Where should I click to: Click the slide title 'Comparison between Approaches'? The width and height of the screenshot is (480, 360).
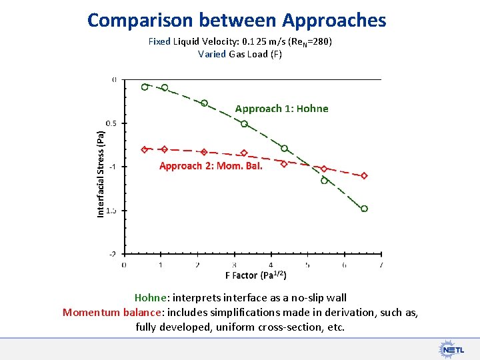(237, 20)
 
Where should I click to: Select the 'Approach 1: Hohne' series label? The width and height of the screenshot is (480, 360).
(281, 109)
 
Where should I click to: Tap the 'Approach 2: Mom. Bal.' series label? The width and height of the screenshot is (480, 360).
(211, 166)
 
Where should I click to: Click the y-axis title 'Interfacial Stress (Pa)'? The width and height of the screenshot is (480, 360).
(101, 173)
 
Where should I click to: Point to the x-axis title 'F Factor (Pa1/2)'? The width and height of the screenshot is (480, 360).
(255, 275)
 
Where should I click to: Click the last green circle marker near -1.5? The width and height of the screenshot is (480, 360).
(364, 209)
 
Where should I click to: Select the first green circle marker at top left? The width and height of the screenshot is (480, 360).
(145, 87)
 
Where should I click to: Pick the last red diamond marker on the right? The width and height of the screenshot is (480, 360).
(364, 176)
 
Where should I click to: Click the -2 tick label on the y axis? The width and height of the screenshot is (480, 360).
(113, 254)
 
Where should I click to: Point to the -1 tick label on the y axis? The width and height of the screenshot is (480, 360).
(113, 167)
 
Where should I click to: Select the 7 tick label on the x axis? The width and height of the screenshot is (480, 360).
(381, 265)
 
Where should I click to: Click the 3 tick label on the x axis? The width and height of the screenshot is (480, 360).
(234, 265)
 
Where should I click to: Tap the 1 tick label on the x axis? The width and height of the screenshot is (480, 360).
(161, 265)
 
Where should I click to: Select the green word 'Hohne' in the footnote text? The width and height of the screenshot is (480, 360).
(150, 298)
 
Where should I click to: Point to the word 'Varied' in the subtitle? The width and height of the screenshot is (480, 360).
(212, 54)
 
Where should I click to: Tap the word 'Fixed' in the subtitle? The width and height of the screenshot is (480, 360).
(159, 41)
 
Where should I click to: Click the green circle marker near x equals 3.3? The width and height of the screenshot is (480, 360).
(244, 124)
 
